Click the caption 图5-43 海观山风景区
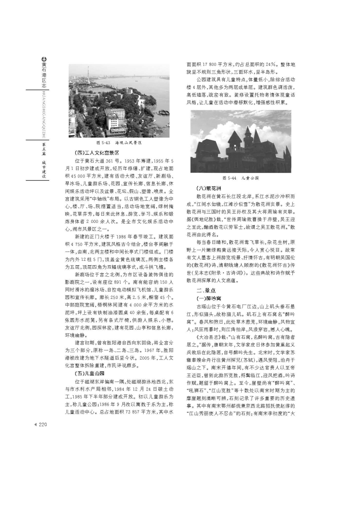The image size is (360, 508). (x=119, y=142)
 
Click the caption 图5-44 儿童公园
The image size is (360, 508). (x=241, y=178)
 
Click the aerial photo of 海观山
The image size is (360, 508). (x=119, y=100)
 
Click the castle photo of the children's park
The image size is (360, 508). (x=241, y=142)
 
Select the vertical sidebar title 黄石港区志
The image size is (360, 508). (x=44, y=74)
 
